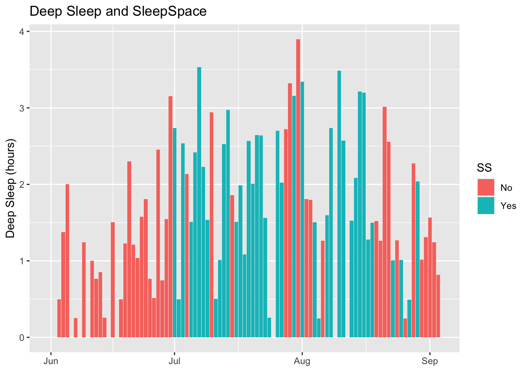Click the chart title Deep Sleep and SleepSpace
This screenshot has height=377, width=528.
click(x=118, y=11)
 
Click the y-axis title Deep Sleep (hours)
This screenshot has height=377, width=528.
click(x=11, y=188)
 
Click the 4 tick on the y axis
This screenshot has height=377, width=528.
click(x=22, y=32)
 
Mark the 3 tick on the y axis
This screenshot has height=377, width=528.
click(x=22, y=108)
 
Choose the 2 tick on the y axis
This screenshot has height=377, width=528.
click(x=22, y=185)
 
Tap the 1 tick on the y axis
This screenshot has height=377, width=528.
click(x=22, y=261)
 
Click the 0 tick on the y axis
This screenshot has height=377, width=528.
click(x=22, y=337)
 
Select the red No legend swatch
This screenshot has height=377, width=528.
click(x=486, y=188)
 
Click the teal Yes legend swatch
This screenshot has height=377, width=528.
click(x=486, y=205)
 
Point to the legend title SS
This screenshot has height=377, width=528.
click(x=484, y=168)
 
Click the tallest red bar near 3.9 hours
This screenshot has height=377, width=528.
click(x=298, y=188)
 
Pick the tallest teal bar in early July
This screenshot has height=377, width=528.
click(x=199, y=202)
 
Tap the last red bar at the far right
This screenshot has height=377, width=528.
click(x=438, y=306)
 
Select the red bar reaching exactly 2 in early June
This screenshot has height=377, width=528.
click(x=67, y=261)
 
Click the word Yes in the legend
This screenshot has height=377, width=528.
click(x=508, y=206)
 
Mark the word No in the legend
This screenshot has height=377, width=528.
click(x=506, y=188)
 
